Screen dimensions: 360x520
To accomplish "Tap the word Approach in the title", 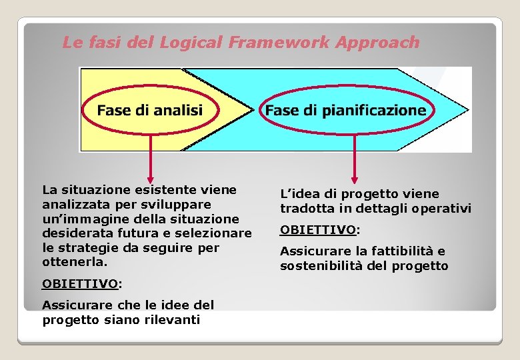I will coord(377,43).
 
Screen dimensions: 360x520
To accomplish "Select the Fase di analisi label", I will coord(149,110).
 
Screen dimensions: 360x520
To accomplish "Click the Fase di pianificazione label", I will coord(345,110).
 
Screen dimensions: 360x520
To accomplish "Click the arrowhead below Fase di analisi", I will coord(150,177).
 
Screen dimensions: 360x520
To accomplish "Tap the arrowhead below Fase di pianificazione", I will coord(354,179).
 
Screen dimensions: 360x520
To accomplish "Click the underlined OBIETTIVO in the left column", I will coord(79,284).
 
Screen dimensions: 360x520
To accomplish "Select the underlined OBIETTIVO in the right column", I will coord(318,230).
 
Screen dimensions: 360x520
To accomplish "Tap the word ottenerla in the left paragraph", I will coord(73,263).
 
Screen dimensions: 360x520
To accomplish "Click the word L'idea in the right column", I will coord(295,194).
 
